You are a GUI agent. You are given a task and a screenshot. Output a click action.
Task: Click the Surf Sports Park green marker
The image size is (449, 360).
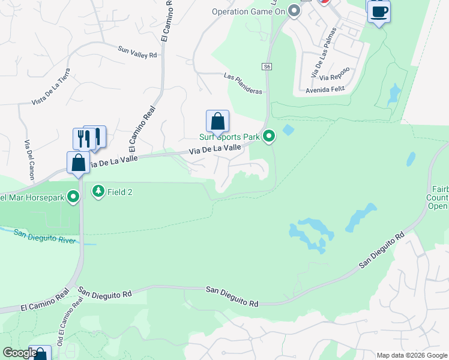[270, 137]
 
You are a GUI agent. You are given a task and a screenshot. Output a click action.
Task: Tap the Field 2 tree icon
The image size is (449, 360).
[97, 191]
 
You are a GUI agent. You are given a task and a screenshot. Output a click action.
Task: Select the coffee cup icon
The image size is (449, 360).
[379, 11]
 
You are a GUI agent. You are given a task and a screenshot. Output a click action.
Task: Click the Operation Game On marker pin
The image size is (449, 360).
[294, 11]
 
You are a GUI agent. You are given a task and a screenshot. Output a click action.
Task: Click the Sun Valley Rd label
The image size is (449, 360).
[137, 52]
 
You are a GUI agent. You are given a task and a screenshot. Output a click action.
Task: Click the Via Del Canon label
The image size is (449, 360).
[28, 160]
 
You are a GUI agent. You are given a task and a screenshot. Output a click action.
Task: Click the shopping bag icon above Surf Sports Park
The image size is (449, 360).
[217, 121]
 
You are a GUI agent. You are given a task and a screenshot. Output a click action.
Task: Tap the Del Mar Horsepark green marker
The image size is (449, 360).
[74, 196]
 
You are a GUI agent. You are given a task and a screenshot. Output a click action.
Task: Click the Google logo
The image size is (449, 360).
[20, 353]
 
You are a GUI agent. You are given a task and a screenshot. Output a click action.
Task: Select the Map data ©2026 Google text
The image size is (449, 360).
[412, 355]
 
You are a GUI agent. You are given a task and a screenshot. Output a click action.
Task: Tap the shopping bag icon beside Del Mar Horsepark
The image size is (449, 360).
[79, 163]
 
